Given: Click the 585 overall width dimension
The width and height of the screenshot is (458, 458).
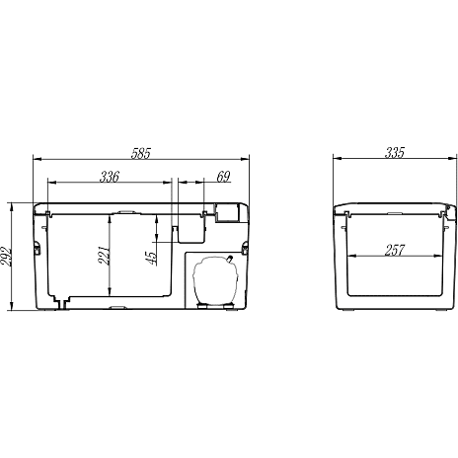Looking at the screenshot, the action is pyautogui.click(x=141, y=154).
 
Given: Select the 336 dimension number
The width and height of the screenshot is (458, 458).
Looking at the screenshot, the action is pyautogui.click(x=110, y=177).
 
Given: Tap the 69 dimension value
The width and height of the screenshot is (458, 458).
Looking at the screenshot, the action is pyautogui.click(x=223, y=177).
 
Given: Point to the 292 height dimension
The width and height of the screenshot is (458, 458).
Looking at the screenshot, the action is pyautogui.click(x=6, y=256).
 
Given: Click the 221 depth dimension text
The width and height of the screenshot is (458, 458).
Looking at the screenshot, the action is pyautogui.click(x=104, y=255).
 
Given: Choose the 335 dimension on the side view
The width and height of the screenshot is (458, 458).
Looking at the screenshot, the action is pyautogui.click(x=395, y=153).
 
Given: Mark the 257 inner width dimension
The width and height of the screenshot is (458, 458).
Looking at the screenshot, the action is pyautogui.click(x=395, y=251).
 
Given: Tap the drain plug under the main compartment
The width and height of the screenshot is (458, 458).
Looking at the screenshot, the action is pyautogui.click(x=61, y=303).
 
